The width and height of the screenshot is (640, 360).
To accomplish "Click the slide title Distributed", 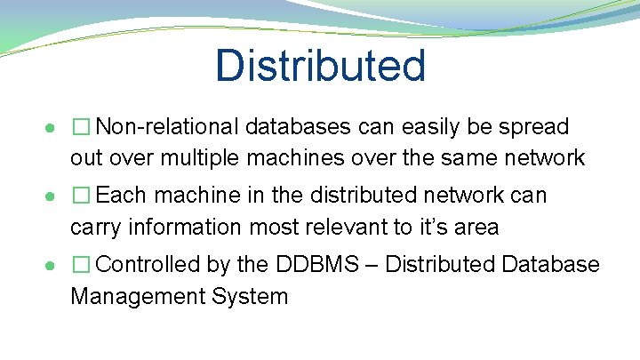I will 320,66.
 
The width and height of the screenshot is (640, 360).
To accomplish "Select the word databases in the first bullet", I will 300,127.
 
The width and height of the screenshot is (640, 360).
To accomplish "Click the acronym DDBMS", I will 315,265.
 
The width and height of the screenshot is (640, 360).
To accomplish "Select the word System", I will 252,296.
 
